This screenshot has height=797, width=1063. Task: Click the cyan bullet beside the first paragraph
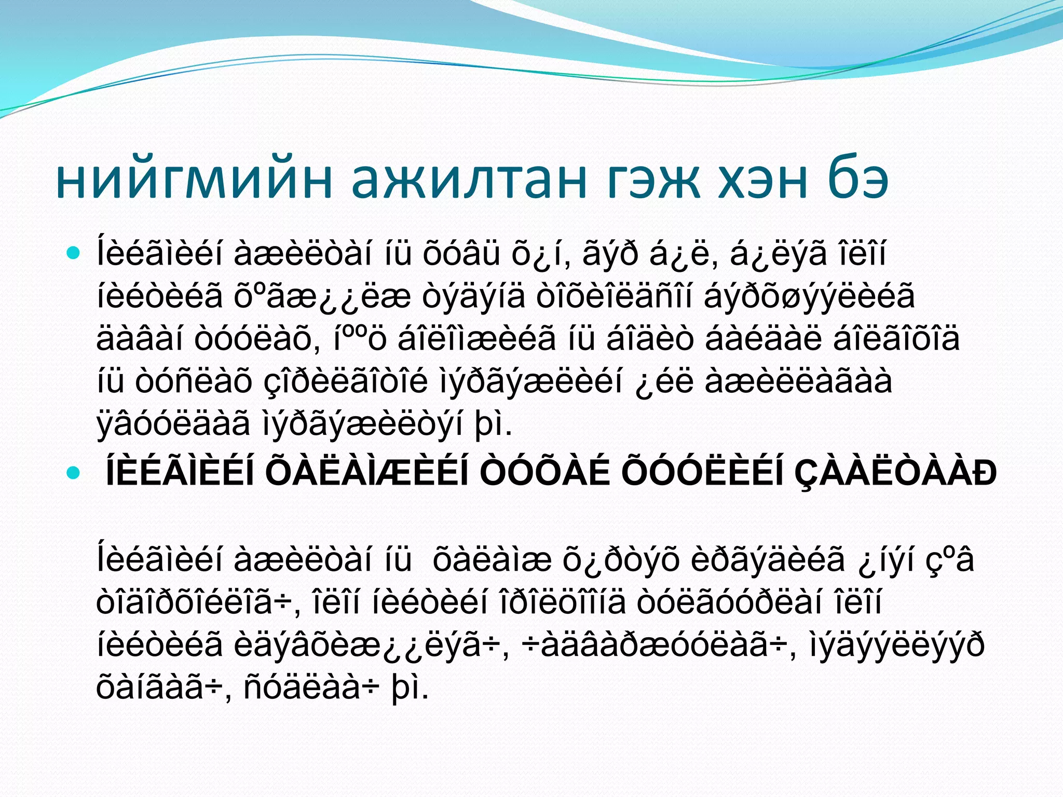[74, 254]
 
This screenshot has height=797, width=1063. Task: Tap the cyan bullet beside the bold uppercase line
[74, 473]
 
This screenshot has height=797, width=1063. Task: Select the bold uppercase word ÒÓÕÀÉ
[544, 473]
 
